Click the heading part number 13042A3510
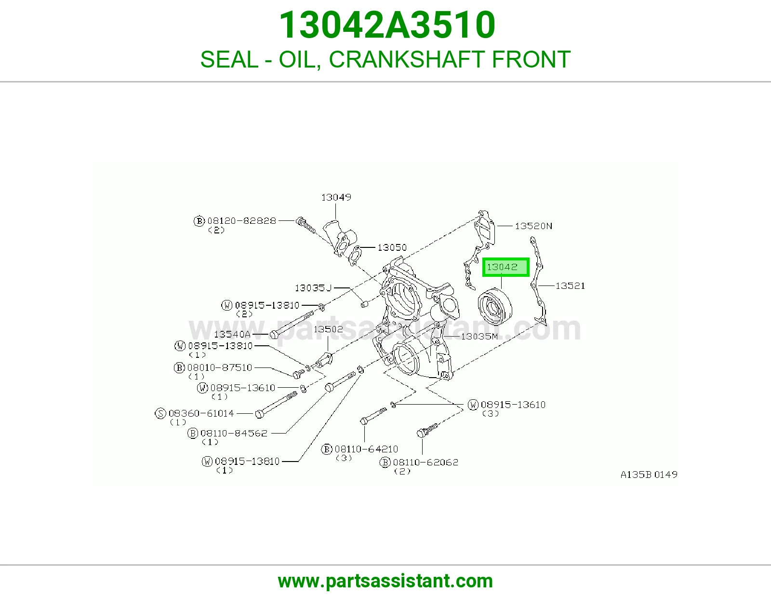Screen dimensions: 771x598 (x=387, y=25)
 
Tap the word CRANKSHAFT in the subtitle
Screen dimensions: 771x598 (x=407, y=59)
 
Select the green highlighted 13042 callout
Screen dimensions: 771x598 (x=505, y=267)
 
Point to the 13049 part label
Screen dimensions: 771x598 (x=336, y=197)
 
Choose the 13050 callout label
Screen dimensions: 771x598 (x=392, y=247)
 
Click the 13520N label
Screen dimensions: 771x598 (x=533, y=226)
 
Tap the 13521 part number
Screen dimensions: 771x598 (x=570, y=285)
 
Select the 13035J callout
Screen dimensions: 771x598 (x=313, y=287)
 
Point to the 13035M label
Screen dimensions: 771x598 (x=479, y=336)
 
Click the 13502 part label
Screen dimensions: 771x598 (x=328, y=329)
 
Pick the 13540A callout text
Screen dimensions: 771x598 (x=232, y=334)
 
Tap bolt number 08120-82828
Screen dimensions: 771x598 (x=241, y=220)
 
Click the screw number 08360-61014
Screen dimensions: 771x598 (x=201, y=413)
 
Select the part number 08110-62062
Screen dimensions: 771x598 (x=425, y=462)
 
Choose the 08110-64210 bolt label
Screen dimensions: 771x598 (x=366, y=449)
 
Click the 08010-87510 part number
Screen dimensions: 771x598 (x=220, y=367)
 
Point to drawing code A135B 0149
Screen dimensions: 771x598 (x=649, y=475)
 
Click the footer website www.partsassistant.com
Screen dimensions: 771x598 (x=385, y=581)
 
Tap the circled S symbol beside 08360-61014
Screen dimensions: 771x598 (x=160, y=413)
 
